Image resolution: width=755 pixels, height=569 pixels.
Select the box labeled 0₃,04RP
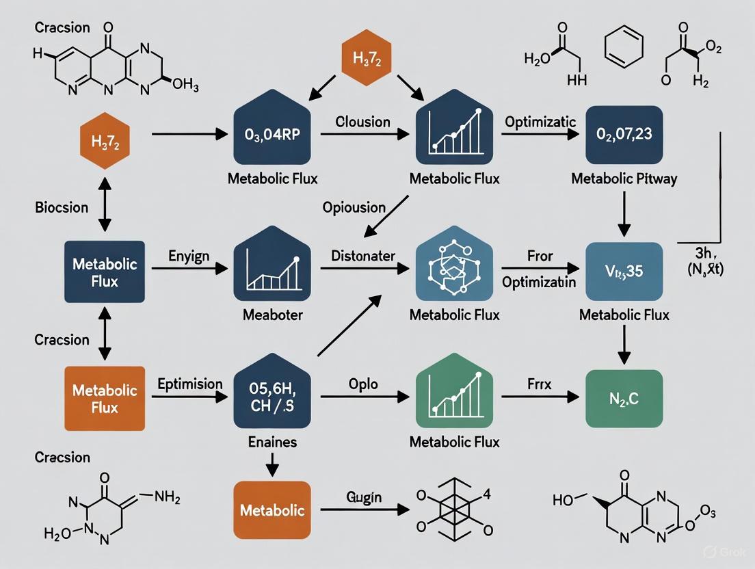coord(273,135)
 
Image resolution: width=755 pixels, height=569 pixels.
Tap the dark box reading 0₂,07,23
coord(624,134)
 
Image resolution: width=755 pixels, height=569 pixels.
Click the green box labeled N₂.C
coord(624,399)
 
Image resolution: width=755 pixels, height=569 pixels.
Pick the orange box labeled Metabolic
coord(272,510)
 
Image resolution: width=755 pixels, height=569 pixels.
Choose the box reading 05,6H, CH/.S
coord(272,393)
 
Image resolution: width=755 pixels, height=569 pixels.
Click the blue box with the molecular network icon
coord(454,268)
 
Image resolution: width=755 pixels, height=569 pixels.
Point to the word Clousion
coord(362,122)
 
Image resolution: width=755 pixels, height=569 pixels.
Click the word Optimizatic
coord(540,122)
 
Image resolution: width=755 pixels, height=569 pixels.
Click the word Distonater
coord(363,256)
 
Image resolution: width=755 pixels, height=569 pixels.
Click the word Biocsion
coord(62,207)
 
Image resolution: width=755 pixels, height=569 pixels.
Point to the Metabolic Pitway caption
coord(624,179)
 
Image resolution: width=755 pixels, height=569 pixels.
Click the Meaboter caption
coord(272,315)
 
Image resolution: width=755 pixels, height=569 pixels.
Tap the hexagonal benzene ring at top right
coord(624,50)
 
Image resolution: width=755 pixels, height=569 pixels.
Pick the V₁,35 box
coord(624,270)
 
